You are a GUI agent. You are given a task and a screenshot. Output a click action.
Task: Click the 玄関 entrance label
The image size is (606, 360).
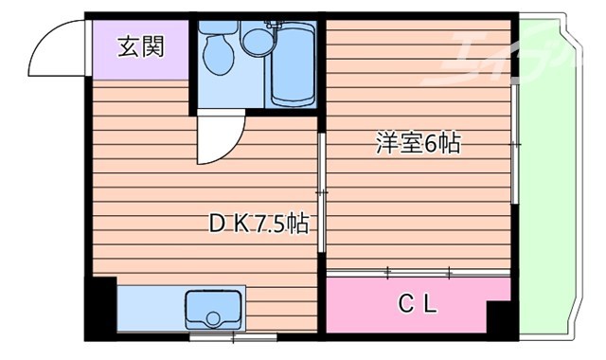coord(140,46)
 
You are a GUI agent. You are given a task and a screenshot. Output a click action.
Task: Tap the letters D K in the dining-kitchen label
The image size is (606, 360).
coord(226,225)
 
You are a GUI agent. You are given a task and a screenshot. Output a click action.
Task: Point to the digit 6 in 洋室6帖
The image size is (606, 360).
coord(429,145)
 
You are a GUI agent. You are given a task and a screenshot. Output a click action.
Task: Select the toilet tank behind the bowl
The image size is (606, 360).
coord(217,28)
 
